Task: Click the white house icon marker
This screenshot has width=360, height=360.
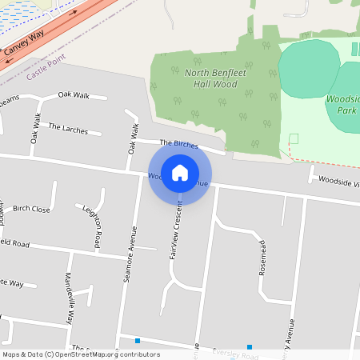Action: [x=180, y=173]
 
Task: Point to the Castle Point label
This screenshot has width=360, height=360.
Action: [x=46, y=74]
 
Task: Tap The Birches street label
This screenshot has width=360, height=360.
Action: [x=178, y=143]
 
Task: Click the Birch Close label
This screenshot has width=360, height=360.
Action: [x=31, y=209]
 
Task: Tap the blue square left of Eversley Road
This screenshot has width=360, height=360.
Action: [x=138, y=342]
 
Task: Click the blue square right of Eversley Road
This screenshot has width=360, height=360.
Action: [x=250, y=347]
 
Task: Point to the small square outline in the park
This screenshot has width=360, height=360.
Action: [x=293, y=138]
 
